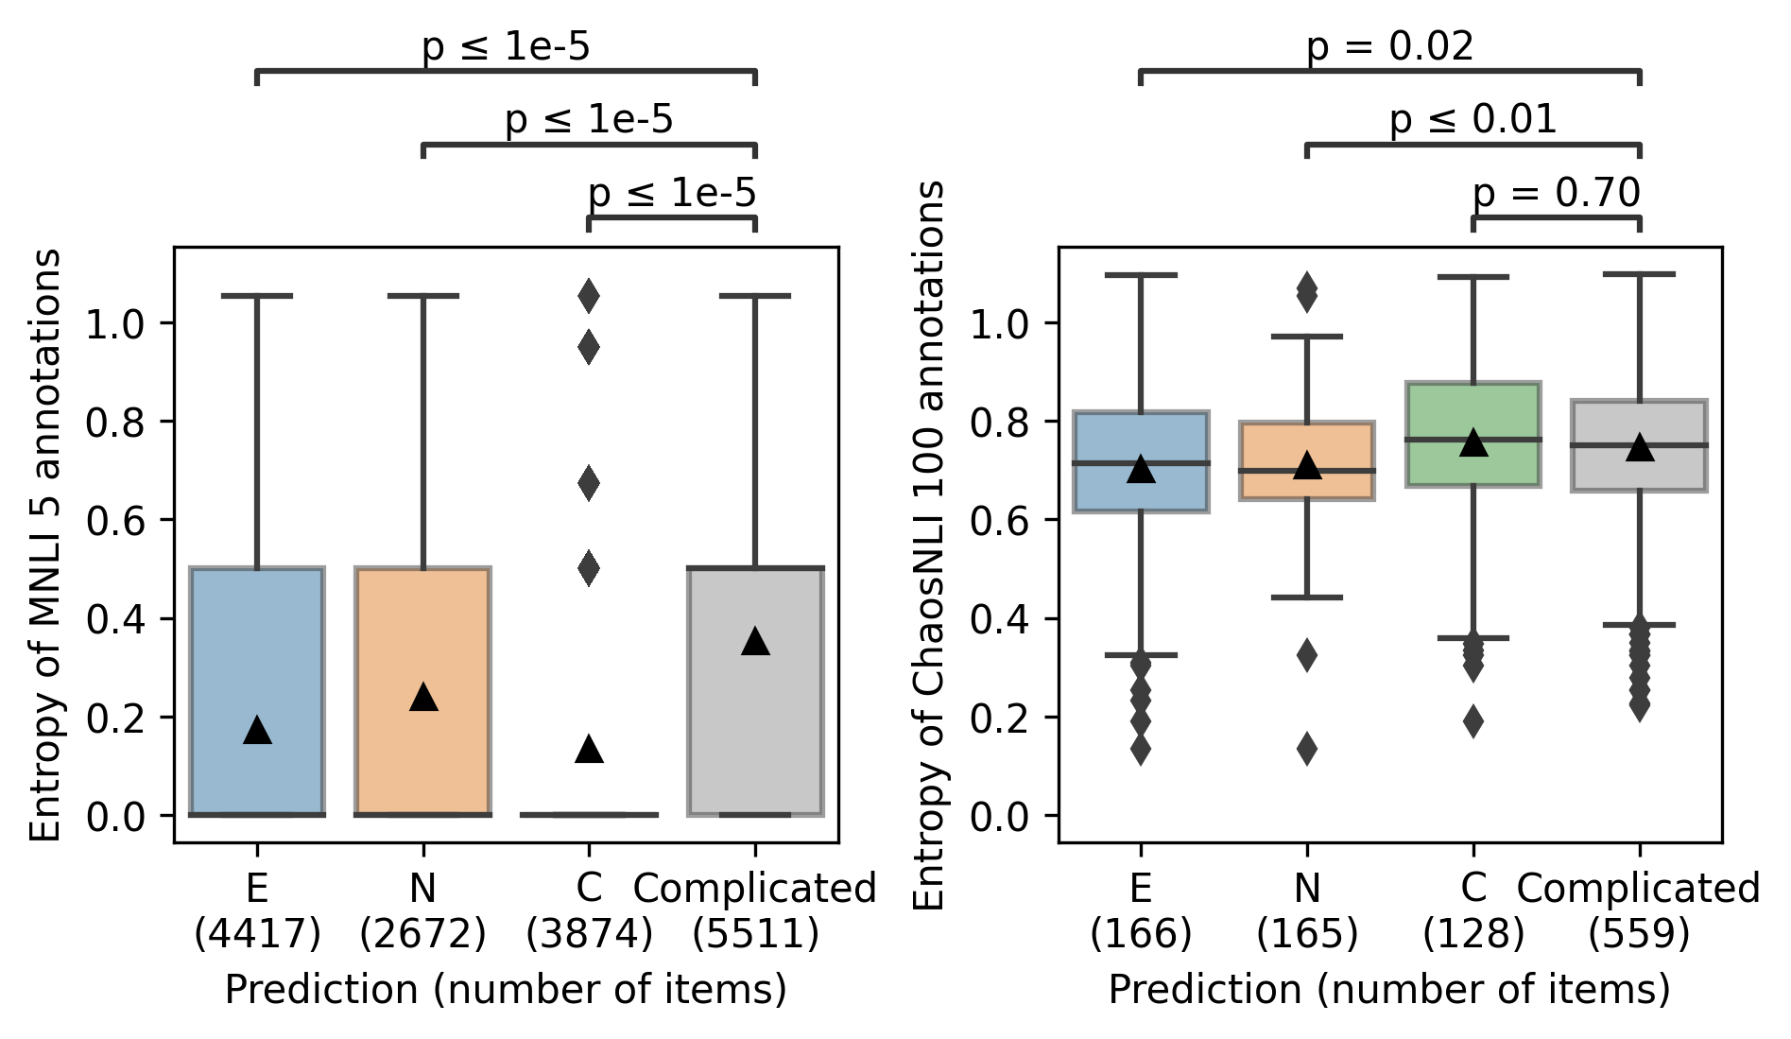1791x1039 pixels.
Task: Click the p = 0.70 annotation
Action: [1556, 194]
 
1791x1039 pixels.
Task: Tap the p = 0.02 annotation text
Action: [1389, 46]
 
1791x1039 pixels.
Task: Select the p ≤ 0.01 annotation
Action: [1472, 120]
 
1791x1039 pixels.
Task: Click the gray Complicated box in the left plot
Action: [755, 690]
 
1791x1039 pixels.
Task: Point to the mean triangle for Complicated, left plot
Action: [755, 641]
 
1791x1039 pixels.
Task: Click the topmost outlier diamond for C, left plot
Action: [589, 296]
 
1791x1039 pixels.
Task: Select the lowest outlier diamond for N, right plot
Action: [1307, 749]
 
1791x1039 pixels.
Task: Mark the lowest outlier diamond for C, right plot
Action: [1472, 721]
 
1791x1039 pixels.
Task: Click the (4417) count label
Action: [257, 935]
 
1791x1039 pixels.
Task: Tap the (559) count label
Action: [1639, 935]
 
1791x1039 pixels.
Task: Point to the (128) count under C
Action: [1472, 935]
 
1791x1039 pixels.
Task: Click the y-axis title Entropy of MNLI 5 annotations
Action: [45, 545]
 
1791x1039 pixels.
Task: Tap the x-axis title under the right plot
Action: [1389, 990]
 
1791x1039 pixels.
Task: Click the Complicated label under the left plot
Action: [755, 889]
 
